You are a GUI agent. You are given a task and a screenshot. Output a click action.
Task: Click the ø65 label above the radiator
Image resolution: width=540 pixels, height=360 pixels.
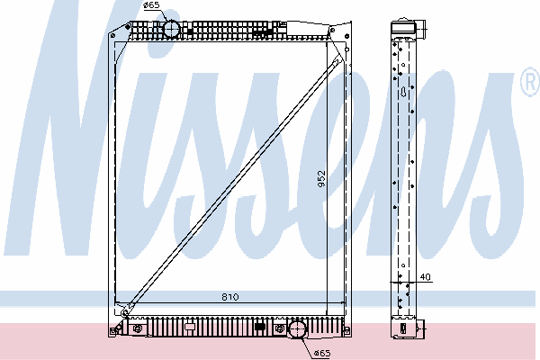pos(151,5)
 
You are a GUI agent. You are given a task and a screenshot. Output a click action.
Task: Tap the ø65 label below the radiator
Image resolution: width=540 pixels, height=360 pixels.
pos(322,353)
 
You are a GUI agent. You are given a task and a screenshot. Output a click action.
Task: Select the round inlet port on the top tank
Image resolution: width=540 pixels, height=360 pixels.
pos(171,29)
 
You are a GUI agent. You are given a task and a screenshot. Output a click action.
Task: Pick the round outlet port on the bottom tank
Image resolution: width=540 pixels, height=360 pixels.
pos(297,330)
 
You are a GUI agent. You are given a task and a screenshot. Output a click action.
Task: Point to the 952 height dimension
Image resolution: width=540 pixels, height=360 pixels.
pos(321,179)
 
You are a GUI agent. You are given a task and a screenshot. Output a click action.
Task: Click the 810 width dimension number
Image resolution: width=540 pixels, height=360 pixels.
pos(230,297)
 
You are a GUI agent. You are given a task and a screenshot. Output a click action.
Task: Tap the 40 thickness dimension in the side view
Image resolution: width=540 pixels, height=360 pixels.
pos(426,277)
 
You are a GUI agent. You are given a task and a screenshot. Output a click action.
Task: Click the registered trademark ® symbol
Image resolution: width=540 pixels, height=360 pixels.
pos(530,82)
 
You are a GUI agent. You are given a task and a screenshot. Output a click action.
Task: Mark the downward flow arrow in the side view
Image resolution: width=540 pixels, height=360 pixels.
pos(403,92)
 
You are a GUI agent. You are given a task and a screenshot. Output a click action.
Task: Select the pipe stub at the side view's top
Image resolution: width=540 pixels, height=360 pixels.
pos(421,30)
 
